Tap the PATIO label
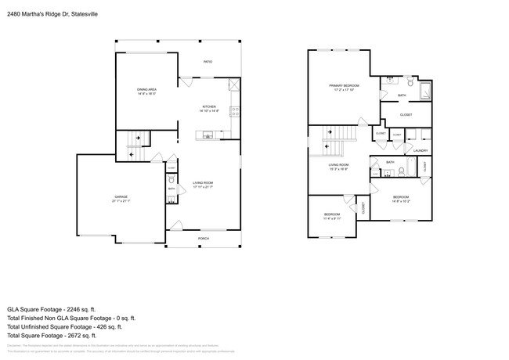[208, 62]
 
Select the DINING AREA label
[147, 91]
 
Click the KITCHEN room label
[210, 107]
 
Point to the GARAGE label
[121, 196]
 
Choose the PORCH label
[203, 238]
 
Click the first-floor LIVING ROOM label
[203, 184]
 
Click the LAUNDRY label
[420, 150]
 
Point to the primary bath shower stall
[424, 91]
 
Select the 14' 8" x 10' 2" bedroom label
[400, 198]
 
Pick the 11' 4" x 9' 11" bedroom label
[332, 215]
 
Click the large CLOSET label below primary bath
[406, 114]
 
